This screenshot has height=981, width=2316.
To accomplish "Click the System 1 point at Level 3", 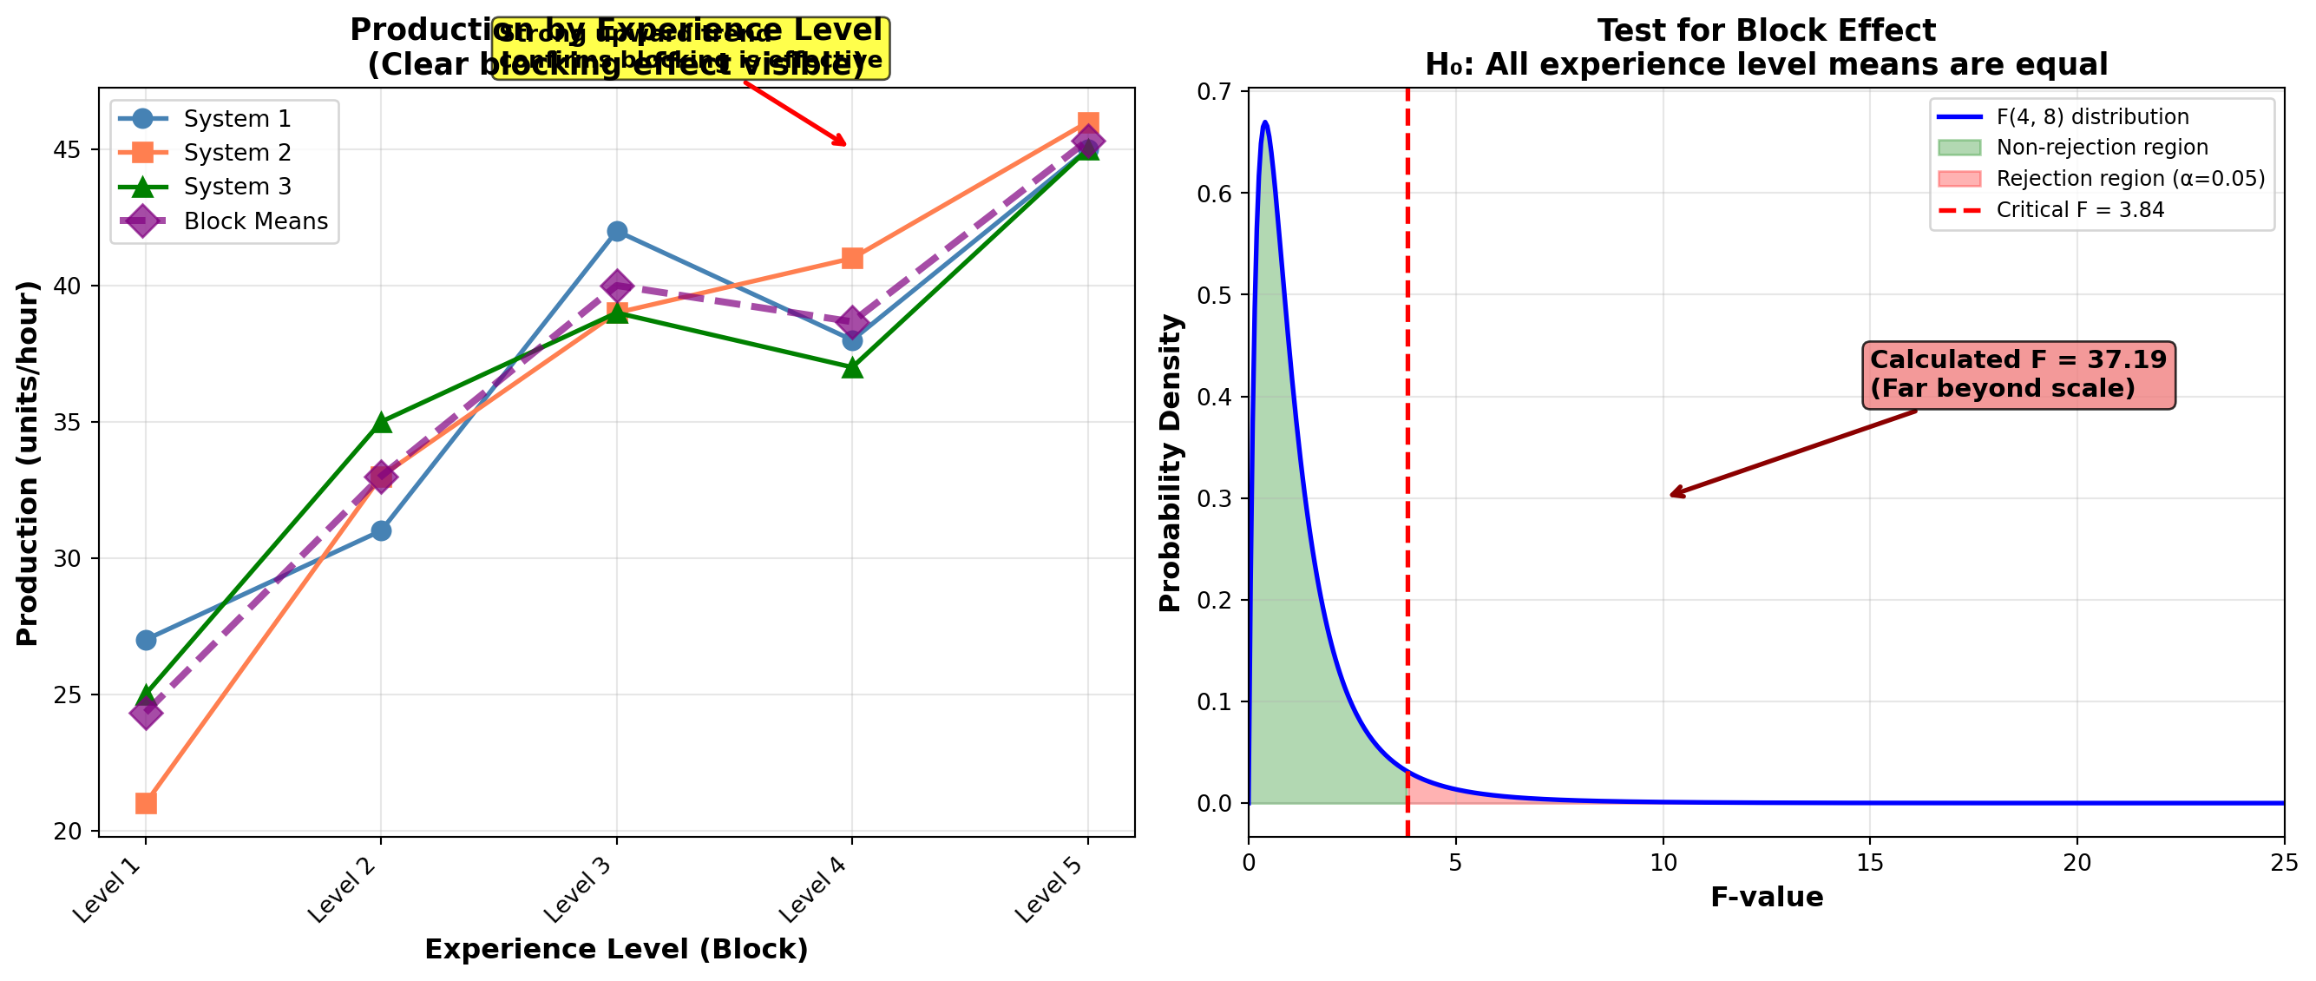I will click(617, 231).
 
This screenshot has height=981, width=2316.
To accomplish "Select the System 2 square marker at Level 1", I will click(146, 803).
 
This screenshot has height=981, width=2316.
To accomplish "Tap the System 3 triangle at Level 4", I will click(852, 368).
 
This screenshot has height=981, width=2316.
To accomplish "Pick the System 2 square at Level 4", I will click(852, 259).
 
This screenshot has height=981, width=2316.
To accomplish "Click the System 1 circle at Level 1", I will click(146, 640).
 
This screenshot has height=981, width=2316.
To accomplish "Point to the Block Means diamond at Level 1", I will click(146, 713).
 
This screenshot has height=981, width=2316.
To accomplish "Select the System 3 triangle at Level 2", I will click(381, 422).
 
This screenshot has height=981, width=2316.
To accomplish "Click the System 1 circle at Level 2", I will click(381, 530).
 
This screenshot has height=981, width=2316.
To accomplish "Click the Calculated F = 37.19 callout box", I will click(2018, 374).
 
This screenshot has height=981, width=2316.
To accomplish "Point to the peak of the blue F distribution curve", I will click(1265, 122).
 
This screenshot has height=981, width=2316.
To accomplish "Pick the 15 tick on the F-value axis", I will click(1870, 863).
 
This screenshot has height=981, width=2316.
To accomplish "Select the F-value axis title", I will click(1767, 898).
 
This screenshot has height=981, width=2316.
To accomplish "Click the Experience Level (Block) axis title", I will click(616, 950).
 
